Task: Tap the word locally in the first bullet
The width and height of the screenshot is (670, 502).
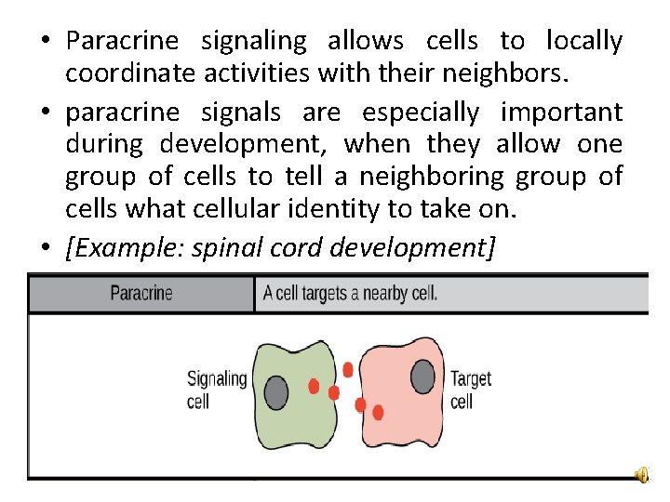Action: tap(584, 42)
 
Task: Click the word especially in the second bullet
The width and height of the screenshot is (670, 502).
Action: tap(421, 113)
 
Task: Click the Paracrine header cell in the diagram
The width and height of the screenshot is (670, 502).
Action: tap(141, 294)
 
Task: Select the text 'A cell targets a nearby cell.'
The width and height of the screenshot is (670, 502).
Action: tap(350, 294)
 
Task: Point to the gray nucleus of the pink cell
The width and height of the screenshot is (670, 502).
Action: tap(423, 376)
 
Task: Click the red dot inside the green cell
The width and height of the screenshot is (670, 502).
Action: tap(314, 386)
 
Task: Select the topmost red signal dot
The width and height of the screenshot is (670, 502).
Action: tap(348, 370)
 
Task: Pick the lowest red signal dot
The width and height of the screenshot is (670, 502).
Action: tap(378, 412)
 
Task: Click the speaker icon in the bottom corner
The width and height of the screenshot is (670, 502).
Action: tap(642, 475)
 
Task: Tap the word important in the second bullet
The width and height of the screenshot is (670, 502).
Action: tap(561, 113)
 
